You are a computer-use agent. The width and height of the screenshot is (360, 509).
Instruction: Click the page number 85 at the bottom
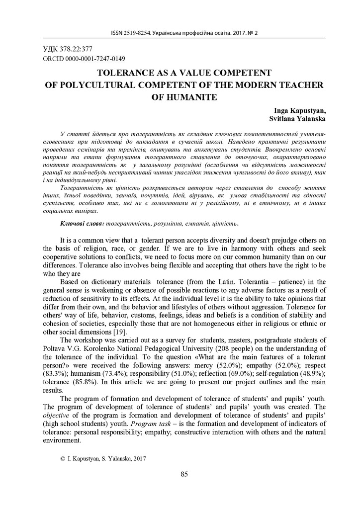[184, 474]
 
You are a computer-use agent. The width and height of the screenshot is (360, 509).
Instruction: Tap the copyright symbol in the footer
[62, 459]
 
